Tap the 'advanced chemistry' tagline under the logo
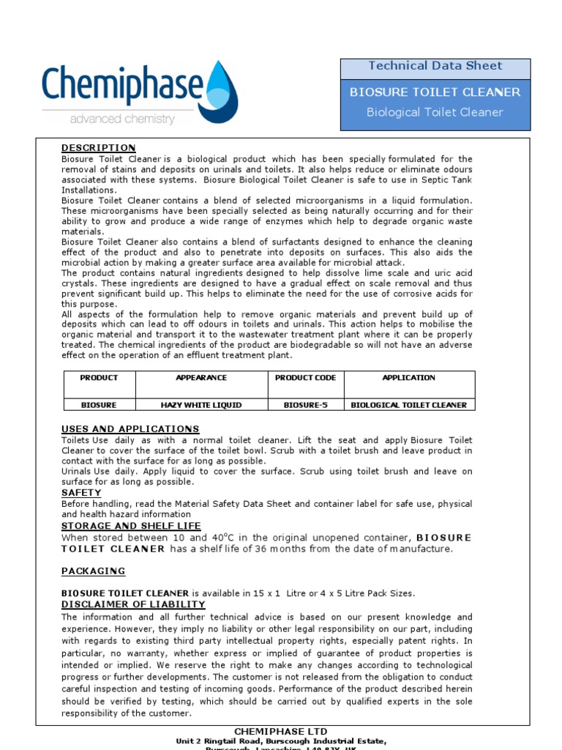[122, 119]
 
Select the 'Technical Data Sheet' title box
[435, 67]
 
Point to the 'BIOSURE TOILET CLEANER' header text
[435, 92]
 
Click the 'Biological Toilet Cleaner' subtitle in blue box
[435, 113]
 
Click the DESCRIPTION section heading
[98, 148]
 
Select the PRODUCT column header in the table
[99, 378]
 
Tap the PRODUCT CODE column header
[305, 378]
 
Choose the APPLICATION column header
[408, 378]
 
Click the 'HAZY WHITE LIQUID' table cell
[201, 405]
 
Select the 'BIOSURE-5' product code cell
[305, 405]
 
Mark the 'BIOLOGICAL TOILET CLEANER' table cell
[408, 405]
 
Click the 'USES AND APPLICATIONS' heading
[130, 429]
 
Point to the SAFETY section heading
[81, 494]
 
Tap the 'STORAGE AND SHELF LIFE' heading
[131, 527]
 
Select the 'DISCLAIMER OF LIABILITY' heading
[133, 604]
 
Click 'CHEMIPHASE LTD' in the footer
[280, 732]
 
